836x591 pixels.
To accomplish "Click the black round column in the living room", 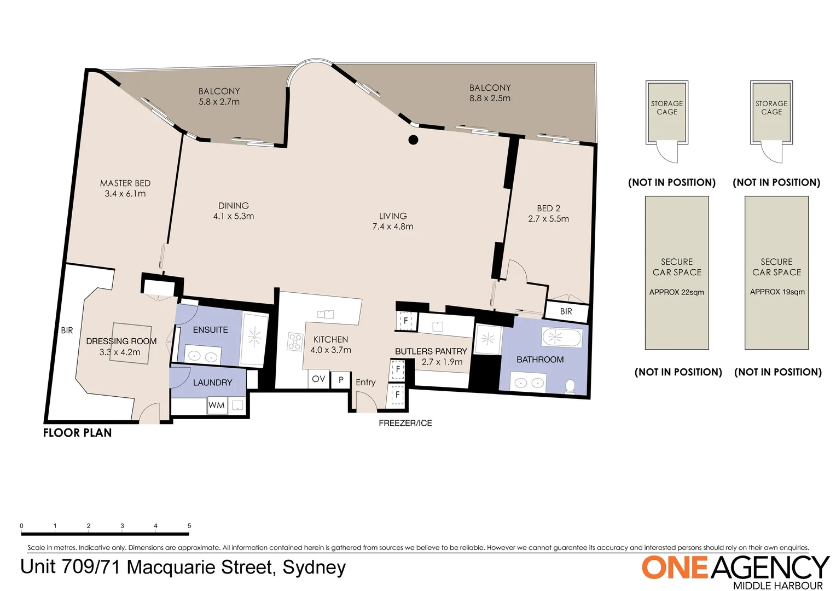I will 414,140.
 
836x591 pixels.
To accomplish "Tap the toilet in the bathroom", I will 570,386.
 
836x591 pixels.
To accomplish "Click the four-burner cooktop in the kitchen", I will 295,342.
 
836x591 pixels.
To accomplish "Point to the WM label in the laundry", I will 217,405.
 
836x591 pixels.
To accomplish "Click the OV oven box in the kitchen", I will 318,379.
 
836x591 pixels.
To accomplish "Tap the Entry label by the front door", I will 365,383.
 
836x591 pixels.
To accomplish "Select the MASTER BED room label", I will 125,183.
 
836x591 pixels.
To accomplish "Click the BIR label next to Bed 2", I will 566,311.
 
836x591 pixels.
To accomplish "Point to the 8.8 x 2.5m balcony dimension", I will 490,99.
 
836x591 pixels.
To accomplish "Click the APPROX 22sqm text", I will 677,292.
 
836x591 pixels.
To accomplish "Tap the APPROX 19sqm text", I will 777,292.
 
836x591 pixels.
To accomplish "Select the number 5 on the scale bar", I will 189,526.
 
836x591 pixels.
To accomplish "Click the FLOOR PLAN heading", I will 78,433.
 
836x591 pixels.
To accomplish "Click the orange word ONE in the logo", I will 675,567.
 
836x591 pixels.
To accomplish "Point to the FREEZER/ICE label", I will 405,423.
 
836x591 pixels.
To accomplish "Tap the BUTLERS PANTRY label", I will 431,351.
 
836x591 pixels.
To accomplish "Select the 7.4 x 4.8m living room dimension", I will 393,227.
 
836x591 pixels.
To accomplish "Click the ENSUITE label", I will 211,330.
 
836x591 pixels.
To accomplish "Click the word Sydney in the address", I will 314,567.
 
